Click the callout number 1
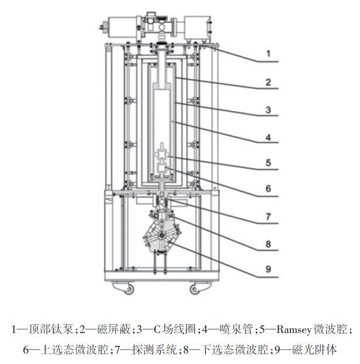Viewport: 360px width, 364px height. click(x=268, y=54)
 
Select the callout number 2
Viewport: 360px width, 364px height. click(x=268, y=82)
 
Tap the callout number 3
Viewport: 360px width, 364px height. click(x=268, y=109)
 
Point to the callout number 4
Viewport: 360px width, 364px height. click(x=268, y=138)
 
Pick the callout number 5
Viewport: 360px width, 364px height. click(x=268, y=163)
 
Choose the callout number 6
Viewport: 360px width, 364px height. click(x=268, y=188)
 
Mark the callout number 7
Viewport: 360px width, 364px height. click(x=268, y=216)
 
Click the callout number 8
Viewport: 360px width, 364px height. click(x=268, y=243)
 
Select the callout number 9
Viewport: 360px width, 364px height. click(x=268, y=270)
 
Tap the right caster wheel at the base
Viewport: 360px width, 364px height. click(x=193, y=288)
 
